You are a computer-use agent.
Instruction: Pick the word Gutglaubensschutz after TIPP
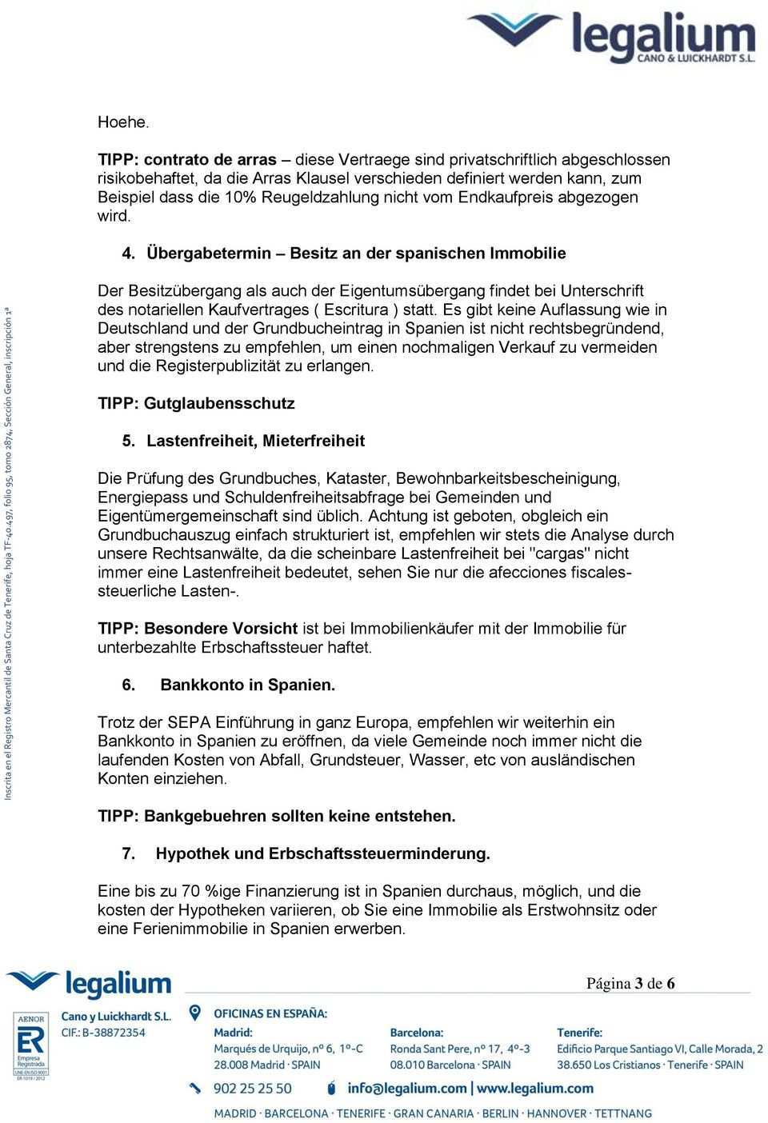(219, 404)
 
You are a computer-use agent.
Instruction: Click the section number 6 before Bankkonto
(126, 685)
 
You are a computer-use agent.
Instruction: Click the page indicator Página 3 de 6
(630, 983)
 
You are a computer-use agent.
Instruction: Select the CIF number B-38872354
(104, 1033)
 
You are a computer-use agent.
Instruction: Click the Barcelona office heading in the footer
(416, 1033)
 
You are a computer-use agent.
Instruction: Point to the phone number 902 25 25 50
(254, 1089)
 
